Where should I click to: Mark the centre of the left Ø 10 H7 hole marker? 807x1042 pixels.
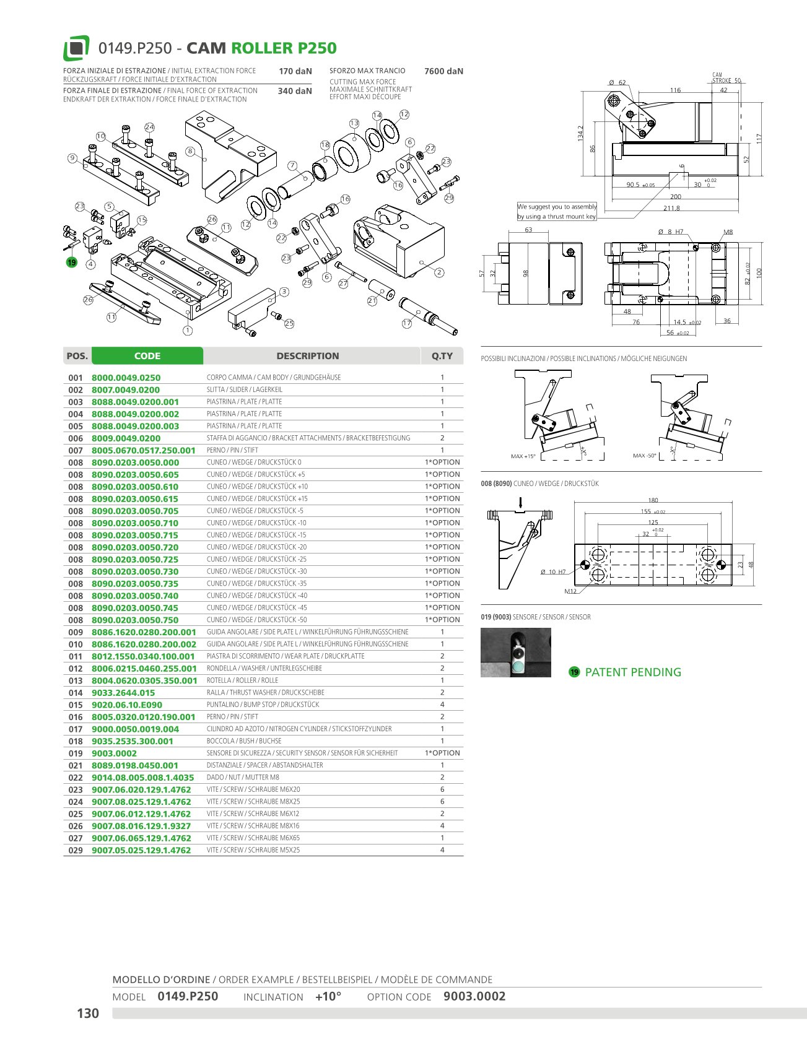[585, 565]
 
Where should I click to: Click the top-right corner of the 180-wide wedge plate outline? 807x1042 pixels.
[732, 544]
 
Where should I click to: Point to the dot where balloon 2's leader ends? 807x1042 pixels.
[421, 262]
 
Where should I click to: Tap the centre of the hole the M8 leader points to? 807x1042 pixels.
[716, 248]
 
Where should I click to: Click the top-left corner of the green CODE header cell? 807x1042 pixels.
[92, 347]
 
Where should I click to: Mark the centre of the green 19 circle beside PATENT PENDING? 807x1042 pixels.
[574, 672]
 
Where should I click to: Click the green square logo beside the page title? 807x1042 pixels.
[76, 48]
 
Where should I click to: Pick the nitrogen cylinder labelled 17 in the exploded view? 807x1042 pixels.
[428, 313]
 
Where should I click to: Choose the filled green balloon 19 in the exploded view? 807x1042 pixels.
[71, 263]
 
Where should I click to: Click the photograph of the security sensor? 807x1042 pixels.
[516, 653]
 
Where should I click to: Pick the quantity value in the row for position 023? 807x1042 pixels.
[442, 789]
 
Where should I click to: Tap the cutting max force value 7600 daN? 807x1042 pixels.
[443, 71]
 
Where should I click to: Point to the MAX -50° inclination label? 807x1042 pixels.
[644, 456]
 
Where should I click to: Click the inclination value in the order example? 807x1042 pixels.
[328, 997]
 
